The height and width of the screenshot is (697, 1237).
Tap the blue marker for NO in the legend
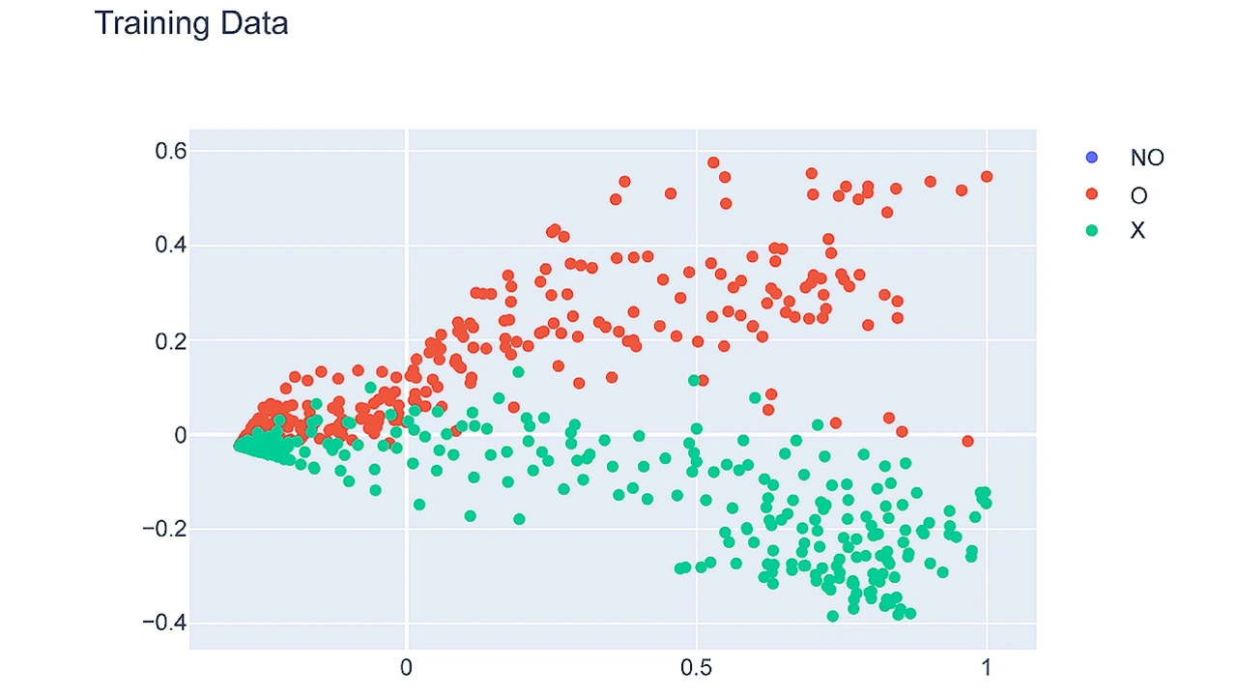point(1092,158)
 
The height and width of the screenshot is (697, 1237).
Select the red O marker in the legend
point(1092,194)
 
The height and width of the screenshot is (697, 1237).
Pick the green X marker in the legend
point(1092,231)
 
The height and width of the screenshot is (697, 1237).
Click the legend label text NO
point(1147,158)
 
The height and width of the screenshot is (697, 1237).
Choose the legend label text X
point(1137,231)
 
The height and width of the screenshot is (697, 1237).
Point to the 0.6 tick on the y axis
point(171,151)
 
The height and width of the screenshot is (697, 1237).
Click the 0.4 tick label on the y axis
point(171,246)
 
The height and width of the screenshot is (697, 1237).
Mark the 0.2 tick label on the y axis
point(171,340)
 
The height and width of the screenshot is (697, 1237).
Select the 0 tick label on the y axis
point(180,435)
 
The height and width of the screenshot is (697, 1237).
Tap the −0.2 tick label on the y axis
point(164,529)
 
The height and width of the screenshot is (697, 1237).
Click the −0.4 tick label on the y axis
point(164,623)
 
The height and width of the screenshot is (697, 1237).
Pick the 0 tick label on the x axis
point(407,668)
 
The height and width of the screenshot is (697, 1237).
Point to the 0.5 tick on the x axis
point(696,668)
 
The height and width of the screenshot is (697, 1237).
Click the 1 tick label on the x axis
point(986,668)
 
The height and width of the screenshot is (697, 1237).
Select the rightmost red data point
point(987,177)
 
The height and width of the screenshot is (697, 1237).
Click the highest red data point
point(713,162)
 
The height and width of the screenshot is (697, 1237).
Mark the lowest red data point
point(967,442)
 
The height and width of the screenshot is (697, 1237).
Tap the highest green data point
point(518,372)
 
